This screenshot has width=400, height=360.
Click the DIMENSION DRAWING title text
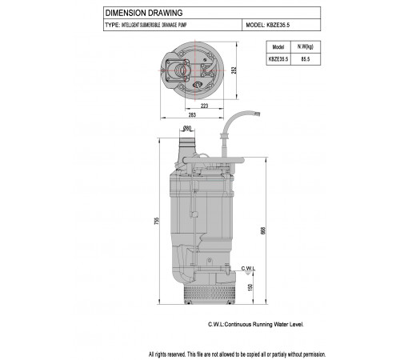pos(144,13)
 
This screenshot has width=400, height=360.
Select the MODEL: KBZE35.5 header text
pos(268,25)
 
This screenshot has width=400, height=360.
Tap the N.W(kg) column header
pos(306,46)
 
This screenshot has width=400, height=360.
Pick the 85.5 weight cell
pos(306,59)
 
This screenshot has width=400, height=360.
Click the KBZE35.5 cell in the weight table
pos(278,59)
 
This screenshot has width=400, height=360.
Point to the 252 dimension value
pos(234,70)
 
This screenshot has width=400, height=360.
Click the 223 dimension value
pos(204,106)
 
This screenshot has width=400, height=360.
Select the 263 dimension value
pos(192,115)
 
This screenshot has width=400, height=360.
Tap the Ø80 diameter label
pos(187,129)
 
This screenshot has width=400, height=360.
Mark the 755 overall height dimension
pos(157,221)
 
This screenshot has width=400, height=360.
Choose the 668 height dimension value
pos(263,230)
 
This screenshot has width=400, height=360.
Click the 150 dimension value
pos(250,287)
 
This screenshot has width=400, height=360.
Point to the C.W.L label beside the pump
pos(248,268)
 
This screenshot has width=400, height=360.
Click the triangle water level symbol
pos(248,273)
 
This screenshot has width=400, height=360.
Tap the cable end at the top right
pos(257,114)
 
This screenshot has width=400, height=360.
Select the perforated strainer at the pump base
pos(209,292)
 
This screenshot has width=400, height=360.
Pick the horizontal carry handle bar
pos(214,160)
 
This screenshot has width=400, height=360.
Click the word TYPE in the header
pos(112,25)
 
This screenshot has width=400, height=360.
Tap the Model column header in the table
pos(278,47)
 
